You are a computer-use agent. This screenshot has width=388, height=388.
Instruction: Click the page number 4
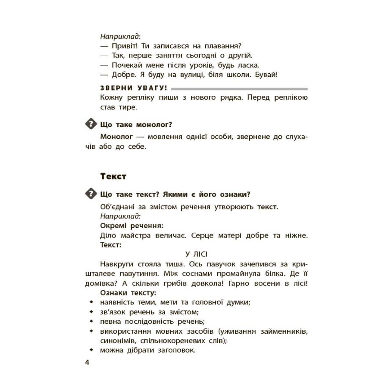(x=87, y=362)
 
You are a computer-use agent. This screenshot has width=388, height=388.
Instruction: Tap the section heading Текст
(x=113, y=177)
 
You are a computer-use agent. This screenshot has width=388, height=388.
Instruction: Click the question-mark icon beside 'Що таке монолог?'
(x=91, y=124)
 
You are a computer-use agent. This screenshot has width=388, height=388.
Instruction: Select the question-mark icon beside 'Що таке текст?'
(x=91, y=194)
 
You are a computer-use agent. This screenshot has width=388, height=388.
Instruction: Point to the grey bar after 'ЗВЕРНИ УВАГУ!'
(x=239, y=89)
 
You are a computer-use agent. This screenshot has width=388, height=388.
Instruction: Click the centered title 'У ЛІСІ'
(x=196, y=254)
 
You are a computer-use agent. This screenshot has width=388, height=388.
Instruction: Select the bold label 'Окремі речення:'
(x=132, y=226)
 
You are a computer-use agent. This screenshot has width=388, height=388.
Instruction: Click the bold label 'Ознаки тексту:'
(x=128, y=293)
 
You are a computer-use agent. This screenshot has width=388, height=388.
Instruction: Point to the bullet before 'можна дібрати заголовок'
(x=92, y=350)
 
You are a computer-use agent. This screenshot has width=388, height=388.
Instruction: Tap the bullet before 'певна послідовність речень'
(x=92, y=321)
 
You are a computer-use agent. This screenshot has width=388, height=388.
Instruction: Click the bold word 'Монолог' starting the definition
(x=116, y=136)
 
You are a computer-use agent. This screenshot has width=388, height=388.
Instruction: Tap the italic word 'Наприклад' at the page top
(x=119, y=37)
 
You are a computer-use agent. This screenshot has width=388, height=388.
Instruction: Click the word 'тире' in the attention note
(x=128, y=107)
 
